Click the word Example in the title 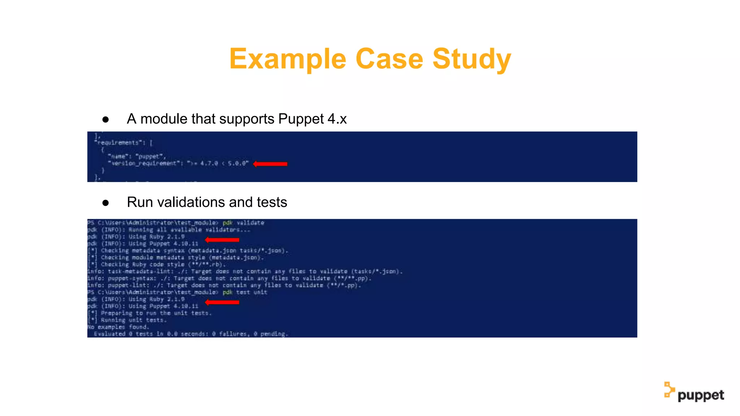coord(288,59)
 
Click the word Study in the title coord(472,59)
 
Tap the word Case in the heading coord(389,59)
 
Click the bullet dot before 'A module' coord(106,119)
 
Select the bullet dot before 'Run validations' coord(106,203)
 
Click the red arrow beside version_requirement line coord(270,164)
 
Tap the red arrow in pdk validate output coord(222,240)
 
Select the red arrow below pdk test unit coord(222,302)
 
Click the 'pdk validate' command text coord(243,223)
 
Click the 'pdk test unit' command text coord(245,292)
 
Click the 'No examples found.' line coord(118,327)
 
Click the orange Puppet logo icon coord(669,390)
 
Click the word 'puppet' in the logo coord(701,395)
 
